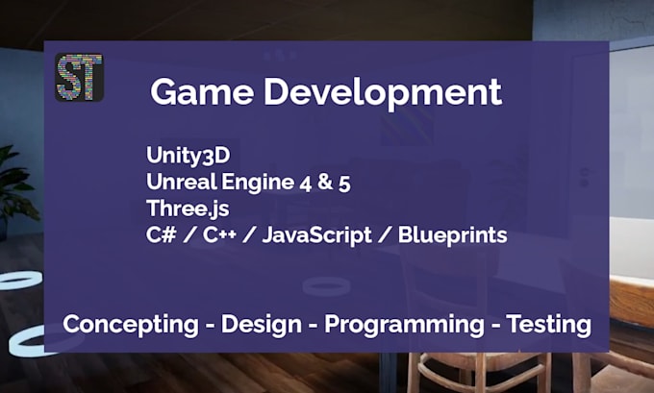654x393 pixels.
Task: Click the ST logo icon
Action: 80,77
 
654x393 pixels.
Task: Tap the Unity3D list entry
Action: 188,156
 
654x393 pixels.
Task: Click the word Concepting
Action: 130,325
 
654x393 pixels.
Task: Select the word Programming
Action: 404,325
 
